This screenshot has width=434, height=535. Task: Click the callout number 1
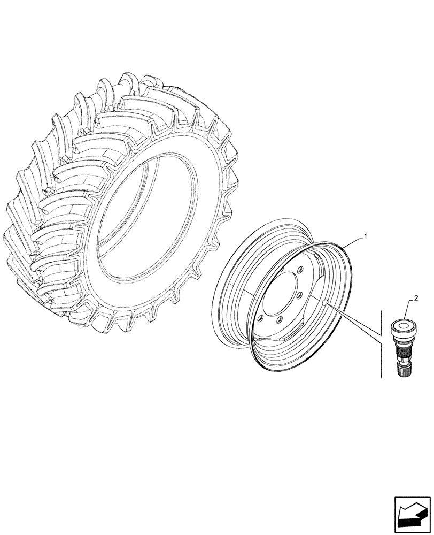click(x=365, y=236)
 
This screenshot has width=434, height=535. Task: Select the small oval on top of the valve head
click(x=403, y=324)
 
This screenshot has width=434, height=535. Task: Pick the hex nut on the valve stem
click(x=403, y=339)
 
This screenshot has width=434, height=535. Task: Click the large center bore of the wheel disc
click(x=282, y=297)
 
